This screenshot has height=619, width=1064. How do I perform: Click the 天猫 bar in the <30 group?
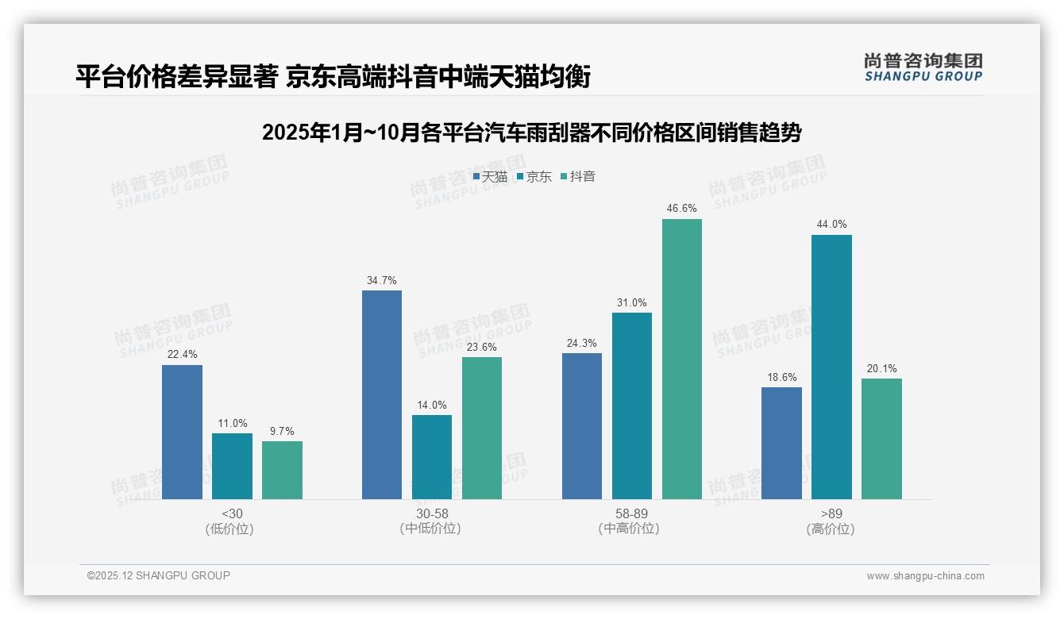[182, 433]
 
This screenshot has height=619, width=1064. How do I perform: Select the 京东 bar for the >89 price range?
[831, 367]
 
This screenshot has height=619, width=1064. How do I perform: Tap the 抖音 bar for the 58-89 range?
[682, 359]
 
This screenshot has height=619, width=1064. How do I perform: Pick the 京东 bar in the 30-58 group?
[432, 457]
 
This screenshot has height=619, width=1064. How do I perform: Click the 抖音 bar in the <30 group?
[282, 470]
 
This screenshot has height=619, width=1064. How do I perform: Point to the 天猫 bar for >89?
[781, 443]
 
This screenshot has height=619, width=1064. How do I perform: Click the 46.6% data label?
[682, 209]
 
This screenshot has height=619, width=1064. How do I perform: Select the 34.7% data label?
[382, 280]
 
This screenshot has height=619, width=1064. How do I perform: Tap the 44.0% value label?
[831, 225]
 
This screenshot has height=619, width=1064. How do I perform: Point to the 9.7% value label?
[282, 431]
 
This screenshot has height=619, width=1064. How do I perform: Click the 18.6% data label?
[781, 377]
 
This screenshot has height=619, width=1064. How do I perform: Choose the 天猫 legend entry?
[490, 177]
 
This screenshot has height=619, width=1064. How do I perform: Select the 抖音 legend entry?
[578, 177]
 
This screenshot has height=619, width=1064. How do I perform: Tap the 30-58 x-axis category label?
[431, 521]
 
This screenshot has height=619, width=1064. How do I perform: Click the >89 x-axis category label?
[831, 521]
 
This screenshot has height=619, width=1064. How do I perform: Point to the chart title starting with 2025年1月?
[531, 133]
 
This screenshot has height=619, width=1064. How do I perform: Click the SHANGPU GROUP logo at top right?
[923, 67]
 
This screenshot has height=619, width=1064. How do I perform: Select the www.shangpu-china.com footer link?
[925, 576]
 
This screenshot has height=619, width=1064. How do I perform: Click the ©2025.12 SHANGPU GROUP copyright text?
[159, 575]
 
